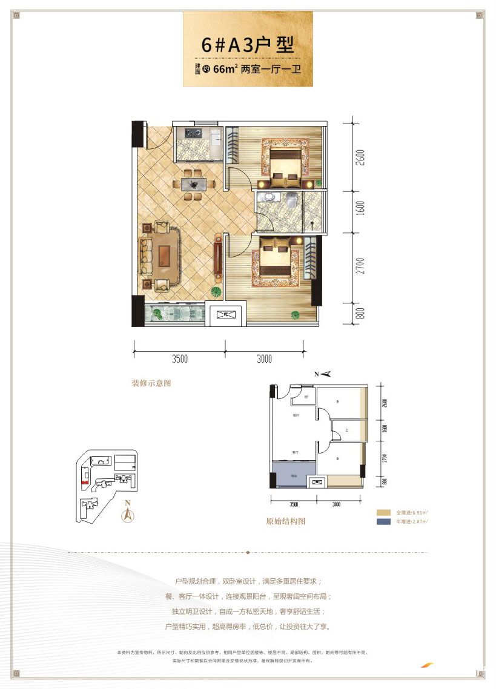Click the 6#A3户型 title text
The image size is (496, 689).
coord(248,45)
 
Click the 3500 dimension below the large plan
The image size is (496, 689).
coord(179,359)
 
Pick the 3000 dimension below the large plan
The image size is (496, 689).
coord(264,359)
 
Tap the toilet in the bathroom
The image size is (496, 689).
coord(292,199)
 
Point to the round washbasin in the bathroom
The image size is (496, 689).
coord(266,197)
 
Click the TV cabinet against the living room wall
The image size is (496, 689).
coord(217,259)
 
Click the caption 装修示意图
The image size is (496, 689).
coord(151,383)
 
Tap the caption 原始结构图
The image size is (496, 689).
coord(286,521)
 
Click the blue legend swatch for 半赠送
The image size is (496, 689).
coord(383,521)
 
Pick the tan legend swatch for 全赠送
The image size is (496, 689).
coord(383,512)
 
